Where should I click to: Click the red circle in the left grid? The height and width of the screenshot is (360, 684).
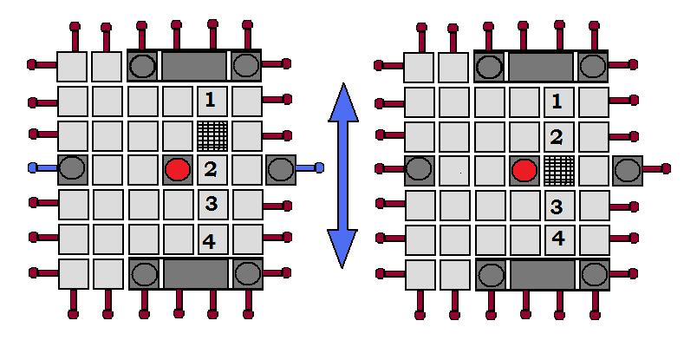177,169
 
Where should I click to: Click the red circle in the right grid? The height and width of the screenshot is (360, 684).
524,170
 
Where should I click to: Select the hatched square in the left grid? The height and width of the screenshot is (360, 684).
211,135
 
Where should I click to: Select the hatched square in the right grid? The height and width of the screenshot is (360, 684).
558,170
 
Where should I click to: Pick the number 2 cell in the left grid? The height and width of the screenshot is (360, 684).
211,169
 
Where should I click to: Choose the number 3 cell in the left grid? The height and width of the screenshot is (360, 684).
211,205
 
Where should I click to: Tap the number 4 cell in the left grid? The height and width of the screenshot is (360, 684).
211,239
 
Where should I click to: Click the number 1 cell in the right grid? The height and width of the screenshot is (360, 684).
557,101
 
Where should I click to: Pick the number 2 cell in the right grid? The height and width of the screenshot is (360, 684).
557,136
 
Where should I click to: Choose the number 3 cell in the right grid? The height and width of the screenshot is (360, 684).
557,206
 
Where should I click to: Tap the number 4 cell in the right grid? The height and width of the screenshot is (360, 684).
557,239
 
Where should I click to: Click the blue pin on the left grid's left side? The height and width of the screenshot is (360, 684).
33,167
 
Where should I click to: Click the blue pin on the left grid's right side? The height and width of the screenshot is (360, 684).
319,167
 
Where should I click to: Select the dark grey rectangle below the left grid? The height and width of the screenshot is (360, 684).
194,274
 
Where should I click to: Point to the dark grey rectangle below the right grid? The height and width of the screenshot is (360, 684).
542,275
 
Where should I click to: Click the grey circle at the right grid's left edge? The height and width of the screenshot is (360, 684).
420,169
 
